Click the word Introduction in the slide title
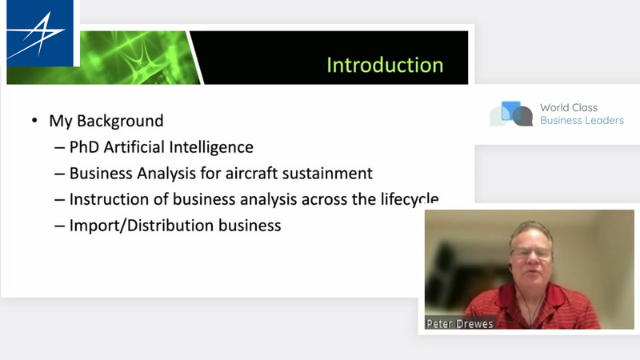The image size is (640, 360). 385,65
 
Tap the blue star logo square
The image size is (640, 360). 40,33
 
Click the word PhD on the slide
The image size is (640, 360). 85,147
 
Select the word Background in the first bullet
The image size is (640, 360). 120,122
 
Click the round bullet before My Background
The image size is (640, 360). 34,121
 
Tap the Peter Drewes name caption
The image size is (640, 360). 459,324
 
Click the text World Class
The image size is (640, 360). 569,107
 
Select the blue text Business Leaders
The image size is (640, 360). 582,121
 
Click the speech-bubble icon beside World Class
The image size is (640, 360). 511,114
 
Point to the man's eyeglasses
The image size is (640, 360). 531,252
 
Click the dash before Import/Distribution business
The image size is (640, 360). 59,226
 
